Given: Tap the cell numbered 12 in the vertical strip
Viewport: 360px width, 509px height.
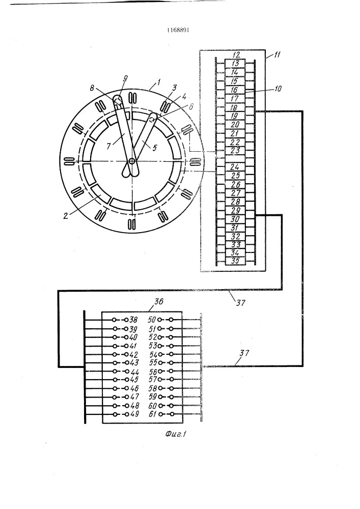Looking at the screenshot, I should [235, 55].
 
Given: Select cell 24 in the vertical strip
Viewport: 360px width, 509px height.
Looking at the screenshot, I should [235, 166].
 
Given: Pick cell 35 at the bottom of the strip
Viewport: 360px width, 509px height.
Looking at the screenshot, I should [235, 260].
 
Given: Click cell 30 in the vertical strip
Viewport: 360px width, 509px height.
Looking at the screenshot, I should [235, 218].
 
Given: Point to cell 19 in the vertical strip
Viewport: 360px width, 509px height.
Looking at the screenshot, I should [235, 116].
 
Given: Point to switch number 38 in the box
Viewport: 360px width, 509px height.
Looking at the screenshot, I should [134, 320].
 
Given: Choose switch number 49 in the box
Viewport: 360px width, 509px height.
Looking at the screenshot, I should [134, 414].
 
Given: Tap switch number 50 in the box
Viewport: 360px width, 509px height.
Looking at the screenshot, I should [152, 320].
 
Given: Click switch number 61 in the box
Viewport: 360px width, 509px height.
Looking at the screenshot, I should [152, 414].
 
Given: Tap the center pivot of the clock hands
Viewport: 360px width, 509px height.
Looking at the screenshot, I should [131, 161].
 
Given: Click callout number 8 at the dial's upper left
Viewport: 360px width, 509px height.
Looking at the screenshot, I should [92, 88].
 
